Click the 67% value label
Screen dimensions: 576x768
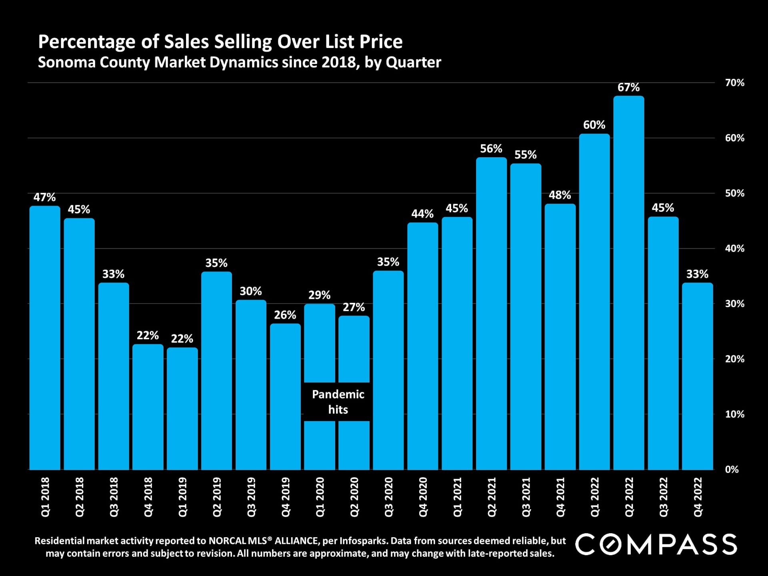(x=628, y=87)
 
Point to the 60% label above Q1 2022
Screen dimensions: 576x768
(x=594, y=125)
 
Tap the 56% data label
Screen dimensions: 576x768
(x=491, y=149)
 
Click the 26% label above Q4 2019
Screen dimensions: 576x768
(x=285, y=315)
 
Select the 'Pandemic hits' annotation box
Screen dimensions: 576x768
(x=338, y=402)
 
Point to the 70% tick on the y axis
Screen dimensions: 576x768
(x=734, y=83)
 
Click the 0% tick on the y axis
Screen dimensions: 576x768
(x=732, y=470)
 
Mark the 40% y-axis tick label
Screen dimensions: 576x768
(x=734, y=248)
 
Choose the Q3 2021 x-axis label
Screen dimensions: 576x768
(x=526, y=497)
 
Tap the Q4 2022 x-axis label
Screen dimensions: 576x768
(x=697, y=497)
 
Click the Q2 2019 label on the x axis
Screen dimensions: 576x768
(x=216, y=497)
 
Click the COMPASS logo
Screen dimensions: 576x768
(x=656, y=544)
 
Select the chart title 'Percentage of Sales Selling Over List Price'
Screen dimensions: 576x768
(x=220, y=42)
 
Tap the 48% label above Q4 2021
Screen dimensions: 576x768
(x=560, y=195)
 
